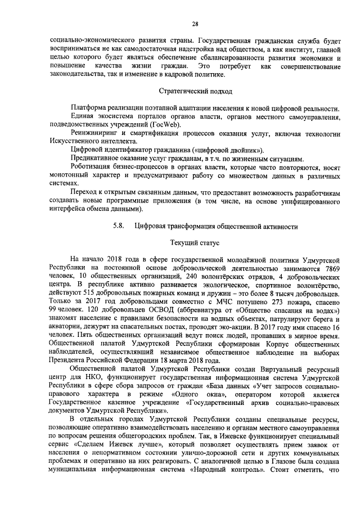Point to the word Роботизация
coord(91,168)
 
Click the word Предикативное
coord(95,159)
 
